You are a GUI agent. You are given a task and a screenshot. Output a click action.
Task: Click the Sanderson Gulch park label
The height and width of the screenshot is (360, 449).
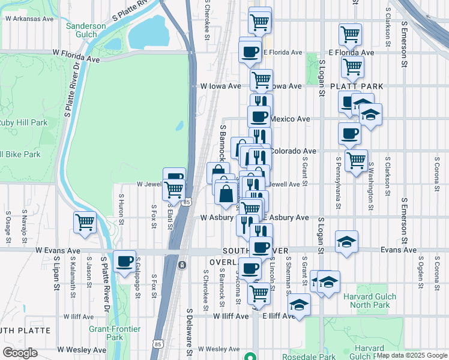(x=85, y=31)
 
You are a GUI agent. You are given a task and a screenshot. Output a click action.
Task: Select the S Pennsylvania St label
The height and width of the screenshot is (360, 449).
(x=339, y=183)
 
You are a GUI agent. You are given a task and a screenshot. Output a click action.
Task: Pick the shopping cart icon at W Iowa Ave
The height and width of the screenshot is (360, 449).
(x=261, y=79)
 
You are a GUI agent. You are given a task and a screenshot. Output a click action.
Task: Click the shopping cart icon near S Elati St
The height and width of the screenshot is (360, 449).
(x=173, y=190)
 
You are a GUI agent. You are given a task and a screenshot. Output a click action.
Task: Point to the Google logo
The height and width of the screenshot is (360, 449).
(x=20, y=353)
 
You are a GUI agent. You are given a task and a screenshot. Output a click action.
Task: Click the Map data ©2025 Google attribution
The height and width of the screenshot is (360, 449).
(x=411, y=355)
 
